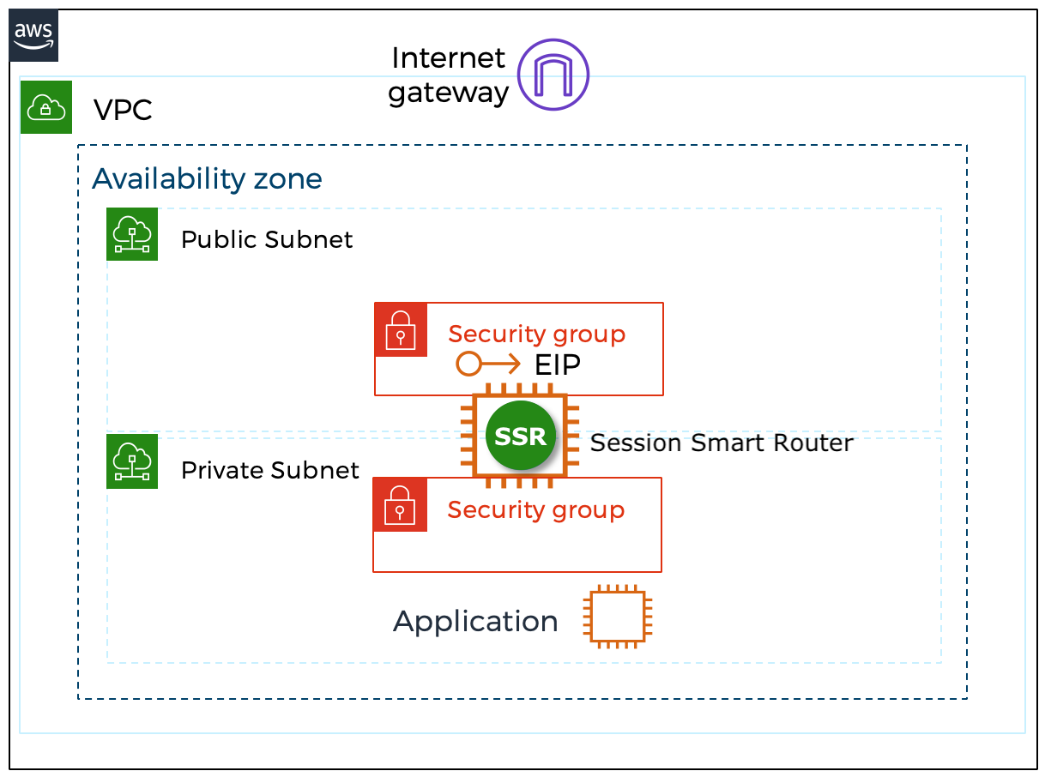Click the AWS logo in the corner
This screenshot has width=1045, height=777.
pyautogui.click(x=34, y=36)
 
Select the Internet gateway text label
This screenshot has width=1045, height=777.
pyautogui.click(x=448, y=75)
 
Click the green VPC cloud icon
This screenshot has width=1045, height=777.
pyautogui.click(x=46, y=108)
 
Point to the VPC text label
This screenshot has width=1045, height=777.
pyautogui.click(x=123, y=110)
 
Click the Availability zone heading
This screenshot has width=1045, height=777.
pyautogui.click(x=207, y=178)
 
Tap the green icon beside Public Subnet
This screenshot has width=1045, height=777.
pyautogui.click(x=132, y=233)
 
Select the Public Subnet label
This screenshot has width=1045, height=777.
pyautogui.click(x=267, y=239)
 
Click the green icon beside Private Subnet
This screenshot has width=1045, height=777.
pyautogui.click(x=132, y=461)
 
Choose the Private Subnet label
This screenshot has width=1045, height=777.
pyautogui.click(x=269, y=470)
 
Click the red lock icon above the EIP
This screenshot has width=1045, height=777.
pyautogui.click(x=401, y=329)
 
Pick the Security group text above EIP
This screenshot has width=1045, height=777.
pyautogui.click(x=536, y=334)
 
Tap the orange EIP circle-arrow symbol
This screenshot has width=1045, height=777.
pyautogui.click(x=487, y=364)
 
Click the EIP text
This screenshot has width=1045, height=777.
pyautogui.click(x=558, y=364)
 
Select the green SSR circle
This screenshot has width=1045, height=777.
pyautogui.click(x=521, y=436)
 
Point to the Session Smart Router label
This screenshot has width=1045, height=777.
pyautogui.click(x=722, y=443)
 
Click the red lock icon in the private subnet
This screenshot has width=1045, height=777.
pyautogui.click(x=400, y=505)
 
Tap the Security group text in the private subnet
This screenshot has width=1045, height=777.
pyautogui.click(x=535, y=509)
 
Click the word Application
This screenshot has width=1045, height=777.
pyautogui.click(x=475, y=621)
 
